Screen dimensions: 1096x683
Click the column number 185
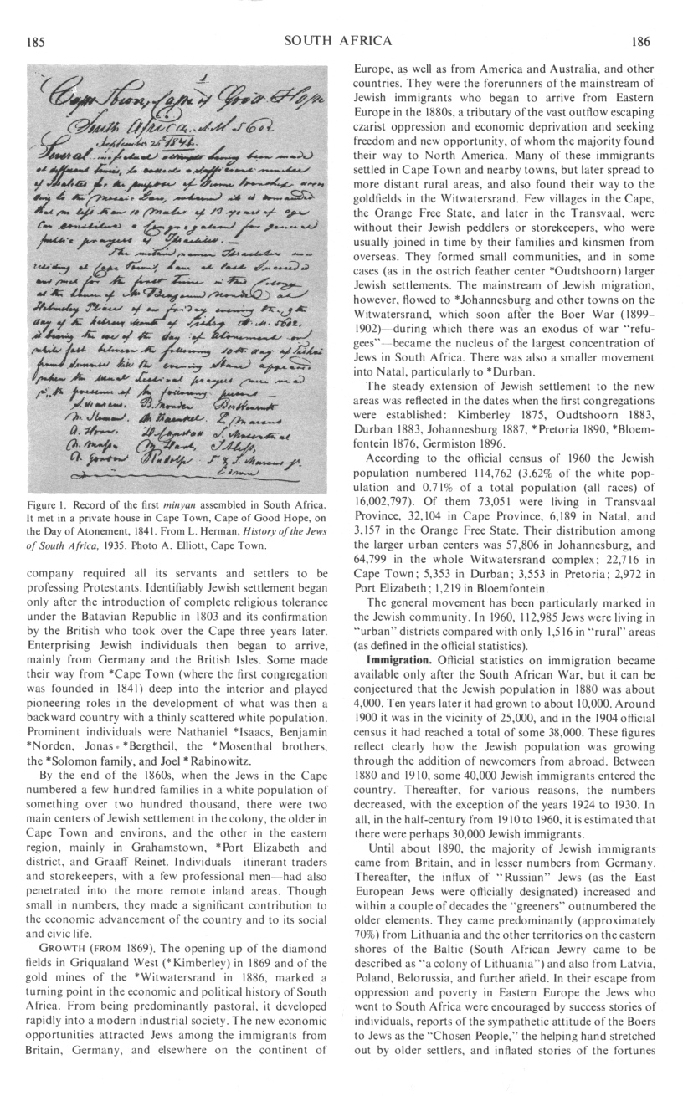pyautogui.click(x=36, y=39)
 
